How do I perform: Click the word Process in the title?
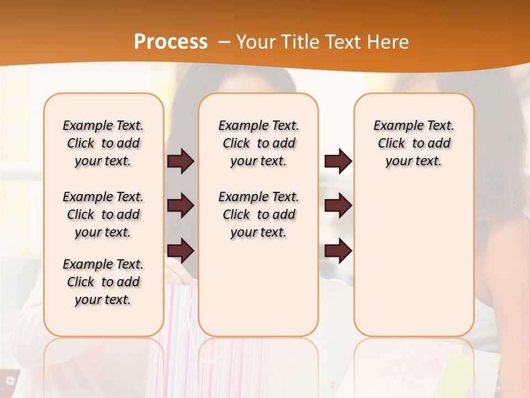[171, 42]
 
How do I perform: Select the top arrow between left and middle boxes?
[181, 161]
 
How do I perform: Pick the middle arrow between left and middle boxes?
[181, 206]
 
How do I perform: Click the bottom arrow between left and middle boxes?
[181, 250]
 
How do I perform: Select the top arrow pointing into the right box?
[338, 161]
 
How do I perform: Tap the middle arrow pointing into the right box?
[338, 206]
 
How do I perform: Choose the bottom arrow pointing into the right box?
[338, 250]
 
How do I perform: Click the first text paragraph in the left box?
[103, 143]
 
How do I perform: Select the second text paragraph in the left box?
[103, 214]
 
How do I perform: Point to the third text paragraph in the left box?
[103, 282]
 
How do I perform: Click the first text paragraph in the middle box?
[258, 143]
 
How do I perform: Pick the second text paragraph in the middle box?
[258, 214]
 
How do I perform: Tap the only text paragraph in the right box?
[414, 143]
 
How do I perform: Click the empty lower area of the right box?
[414, 265]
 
